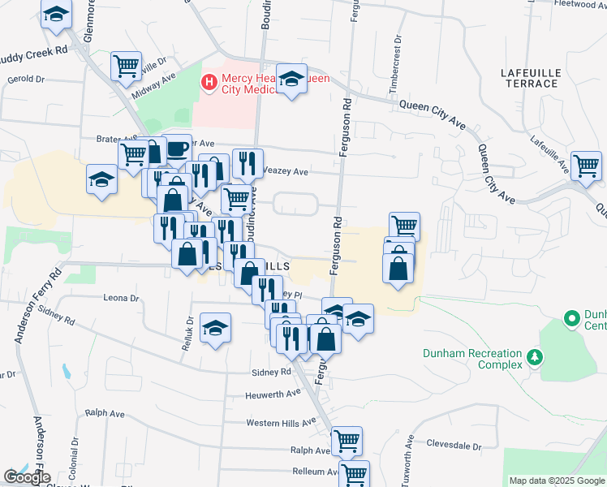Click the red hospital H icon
(209, 81)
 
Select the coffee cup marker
(177, 148)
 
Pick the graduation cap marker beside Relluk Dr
(215, 327)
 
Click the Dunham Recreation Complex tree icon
(534, 356)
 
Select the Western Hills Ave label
(281, 423)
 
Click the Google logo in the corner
(27, 477)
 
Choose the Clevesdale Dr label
(454, 446)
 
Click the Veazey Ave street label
(286, 172)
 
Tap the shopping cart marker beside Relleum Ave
(354, 473)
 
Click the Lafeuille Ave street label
(549, 151)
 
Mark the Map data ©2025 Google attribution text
(556, 481)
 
